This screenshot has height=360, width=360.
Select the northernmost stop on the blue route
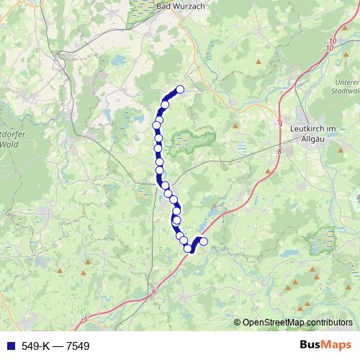pos(180,89)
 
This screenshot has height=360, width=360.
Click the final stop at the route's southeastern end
pos(203,242)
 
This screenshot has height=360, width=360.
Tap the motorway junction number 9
pos(279,123)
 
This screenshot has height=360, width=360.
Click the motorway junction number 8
pos(278,152)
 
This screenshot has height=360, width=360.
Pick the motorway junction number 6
pos(154,292)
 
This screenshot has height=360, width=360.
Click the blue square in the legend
pos(8,346)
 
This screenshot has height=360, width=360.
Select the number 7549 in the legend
pos(78,346)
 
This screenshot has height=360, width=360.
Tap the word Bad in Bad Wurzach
pos(163,5)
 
